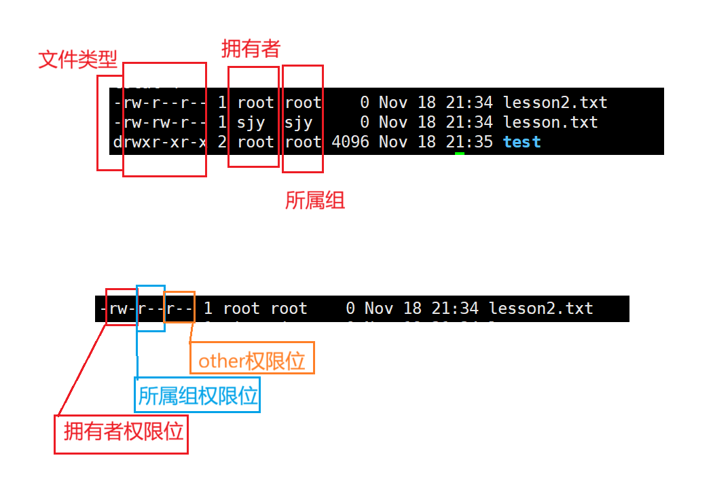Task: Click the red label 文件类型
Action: click(77, 60)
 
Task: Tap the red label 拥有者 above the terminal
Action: click(251, 48)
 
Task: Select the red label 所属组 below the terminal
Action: click(314, 200)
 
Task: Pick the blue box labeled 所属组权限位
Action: click(198, 396)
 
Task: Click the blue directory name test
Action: click(522, 142)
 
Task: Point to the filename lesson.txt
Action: click(550, 122)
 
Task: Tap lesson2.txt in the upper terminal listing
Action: click(555, 103)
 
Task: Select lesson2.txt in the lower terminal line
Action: click(541, 308)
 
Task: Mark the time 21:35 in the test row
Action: click(469, 142)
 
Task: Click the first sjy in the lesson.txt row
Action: click(251, 122)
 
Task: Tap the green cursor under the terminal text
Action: click(460, 154)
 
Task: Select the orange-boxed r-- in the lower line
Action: click(180, 308)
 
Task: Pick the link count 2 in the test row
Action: click(222, 142)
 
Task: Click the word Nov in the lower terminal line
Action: click(379, 308)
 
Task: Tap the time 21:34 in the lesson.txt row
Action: click(469, 122)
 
